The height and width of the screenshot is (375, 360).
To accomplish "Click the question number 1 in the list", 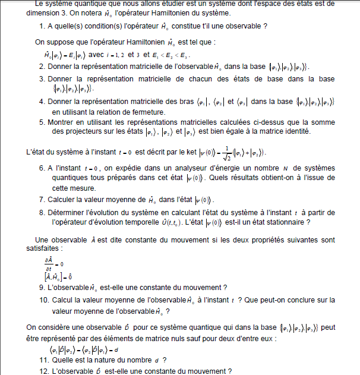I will coord(42,26).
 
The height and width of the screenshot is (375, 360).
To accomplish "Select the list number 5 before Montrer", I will coord(42,122).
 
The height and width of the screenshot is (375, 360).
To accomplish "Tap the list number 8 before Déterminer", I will coord(42,212).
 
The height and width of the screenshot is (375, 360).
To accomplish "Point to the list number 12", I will coord(43,371).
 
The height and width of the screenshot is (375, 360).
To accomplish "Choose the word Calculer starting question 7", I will coord(67,200).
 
